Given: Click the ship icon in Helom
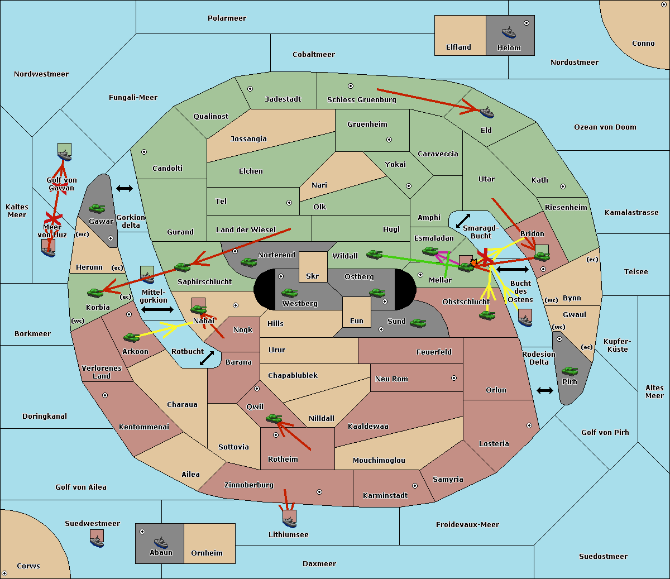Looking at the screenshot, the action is point(509,32).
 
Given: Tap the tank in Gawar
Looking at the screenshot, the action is point(97,208).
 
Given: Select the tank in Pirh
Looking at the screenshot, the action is point(569,371).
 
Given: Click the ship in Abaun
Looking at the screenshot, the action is point(161,543).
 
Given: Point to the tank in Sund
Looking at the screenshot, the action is point(418,323).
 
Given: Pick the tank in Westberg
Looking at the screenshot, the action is point(289,293).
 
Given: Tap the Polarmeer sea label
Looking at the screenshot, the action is point(227,18).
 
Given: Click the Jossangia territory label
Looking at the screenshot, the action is point(248,139).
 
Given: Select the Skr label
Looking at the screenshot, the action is point(313,276).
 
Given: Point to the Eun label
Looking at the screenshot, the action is point(357,320).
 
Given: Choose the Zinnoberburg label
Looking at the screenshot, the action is point(249,485).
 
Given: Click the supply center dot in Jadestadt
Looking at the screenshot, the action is point(250,89).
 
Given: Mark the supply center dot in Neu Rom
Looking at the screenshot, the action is point(454,378).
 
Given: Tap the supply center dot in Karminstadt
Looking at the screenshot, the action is point(415,486).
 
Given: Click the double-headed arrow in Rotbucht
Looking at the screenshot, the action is point(207,358).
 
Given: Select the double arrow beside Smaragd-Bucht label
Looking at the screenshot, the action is point(463,221).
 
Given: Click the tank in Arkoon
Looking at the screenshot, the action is point(131,337).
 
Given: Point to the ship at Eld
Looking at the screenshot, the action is point(486,112).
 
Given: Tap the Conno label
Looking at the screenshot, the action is point(643,44).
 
